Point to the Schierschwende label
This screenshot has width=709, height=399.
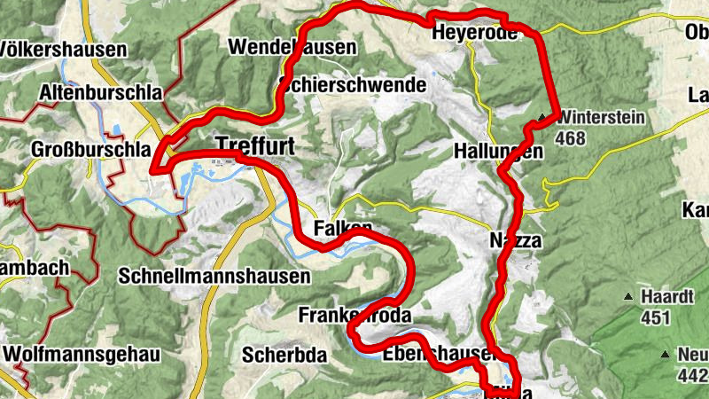pos(352,85)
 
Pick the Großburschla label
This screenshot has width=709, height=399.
pos(90,149)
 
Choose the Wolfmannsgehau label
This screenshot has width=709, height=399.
pos(82,355)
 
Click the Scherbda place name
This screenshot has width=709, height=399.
pos(284,356)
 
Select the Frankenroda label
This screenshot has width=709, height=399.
pos(355,316)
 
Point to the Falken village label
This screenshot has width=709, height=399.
pos(342,229)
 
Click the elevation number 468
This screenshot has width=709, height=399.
pos(573,137)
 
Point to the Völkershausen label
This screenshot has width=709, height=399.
pos(62,49)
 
